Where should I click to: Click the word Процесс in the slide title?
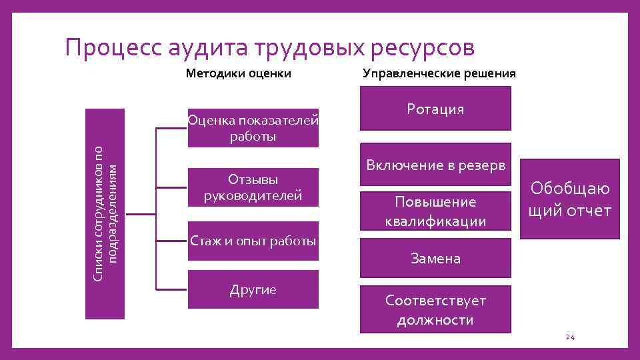(x=113, y=48)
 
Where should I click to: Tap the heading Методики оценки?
(x=238, y=73)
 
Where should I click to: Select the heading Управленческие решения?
(x=439, y=73)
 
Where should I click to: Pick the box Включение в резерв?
(x=435, y=164)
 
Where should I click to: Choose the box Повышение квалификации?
(x=435, y=211)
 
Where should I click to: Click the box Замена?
(x=435, y=258)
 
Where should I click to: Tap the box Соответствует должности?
(x=435, y=310)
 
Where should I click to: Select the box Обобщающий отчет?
(x=570, y=201)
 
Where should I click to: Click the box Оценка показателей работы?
(x=253, y=128)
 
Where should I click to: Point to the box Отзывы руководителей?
(x=253, y=187)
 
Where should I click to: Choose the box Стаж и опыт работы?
(x=253, y=241)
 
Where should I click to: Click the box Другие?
(x=253, y=289)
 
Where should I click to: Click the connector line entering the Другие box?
(x=171, y=289)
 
